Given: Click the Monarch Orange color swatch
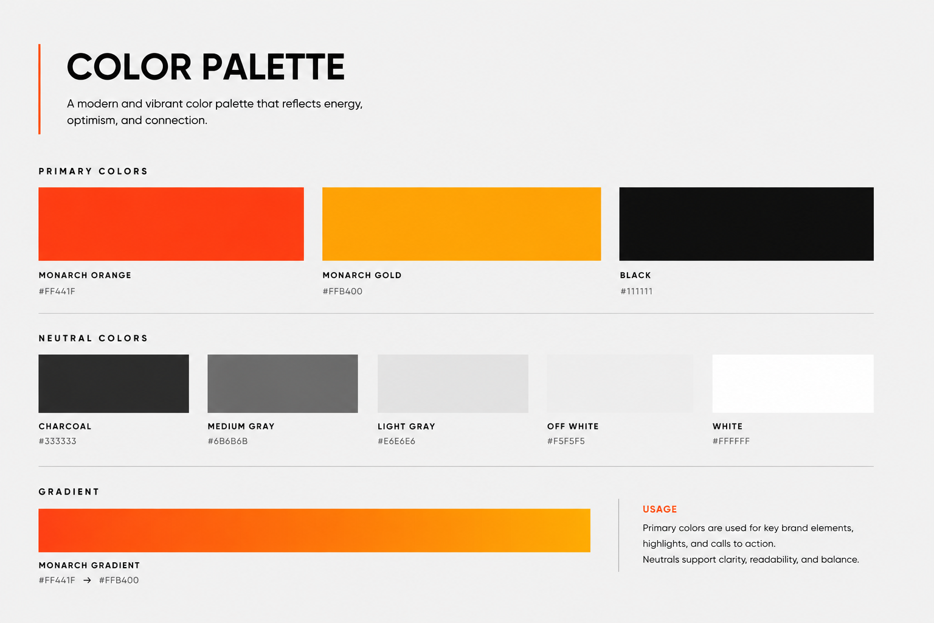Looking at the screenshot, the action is click(171, 224).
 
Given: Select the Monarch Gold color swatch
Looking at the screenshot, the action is click(462, 224).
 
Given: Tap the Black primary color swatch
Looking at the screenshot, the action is click(746, 224).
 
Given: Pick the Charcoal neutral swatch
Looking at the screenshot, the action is click(114, 384).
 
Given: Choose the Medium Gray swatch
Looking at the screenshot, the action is click(283, 384).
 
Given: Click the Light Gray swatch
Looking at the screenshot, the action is click(453, 384).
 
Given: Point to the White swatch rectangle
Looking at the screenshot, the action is click(793, 384).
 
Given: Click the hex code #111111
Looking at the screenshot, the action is click(636, 291).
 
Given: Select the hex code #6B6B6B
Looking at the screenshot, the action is click(227, 441).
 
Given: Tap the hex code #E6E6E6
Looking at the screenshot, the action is click(396, 441).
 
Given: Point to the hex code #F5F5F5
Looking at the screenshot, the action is click(566, 441).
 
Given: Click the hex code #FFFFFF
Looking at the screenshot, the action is click(731, 441).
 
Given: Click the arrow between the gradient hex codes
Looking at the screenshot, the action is click(87, 580).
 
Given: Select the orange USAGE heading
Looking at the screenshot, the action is click(660, 509).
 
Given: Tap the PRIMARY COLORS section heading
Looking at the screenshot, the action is click(94, 171).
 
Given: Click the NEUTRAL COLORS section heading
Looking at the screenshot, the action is click(94, 338).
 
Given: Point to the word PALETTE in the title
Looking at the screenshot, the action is click(273, 67).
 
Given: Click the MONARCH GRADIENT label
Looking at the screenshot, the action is click(89, 565).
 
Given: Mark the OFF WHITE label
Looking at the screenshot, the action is click(573, 426).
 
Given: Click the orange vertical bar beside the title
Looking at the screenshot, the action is click(40, 89).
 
